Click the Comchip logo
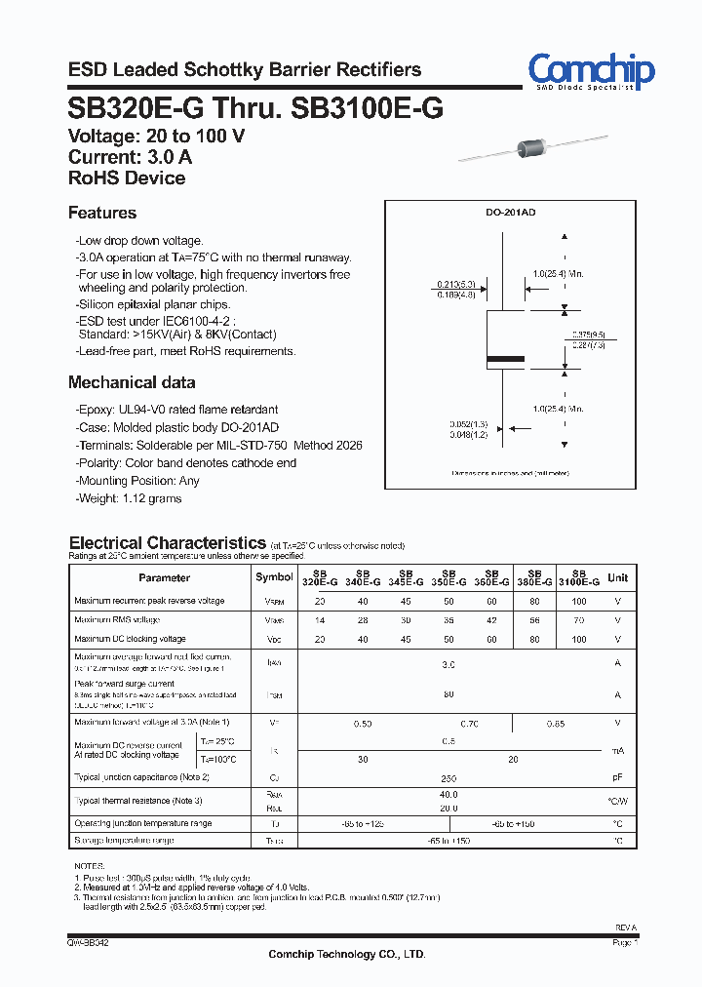click(x=591, y=71)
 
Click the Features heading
click(x=102, y=213)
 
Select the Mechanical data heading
click(x=132, y=382)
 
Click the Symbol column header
click(x=274, y=577)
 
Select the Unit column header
click(x=617, y=577)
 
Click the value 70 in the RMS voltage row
click(x=578, y=620)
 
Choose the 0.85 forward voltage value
click(x=556, y=723)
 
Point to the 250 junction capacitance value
click(x=448, y=777)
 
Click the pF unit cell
click(x=617, y=777)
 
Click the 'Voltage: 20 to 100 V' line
click(x=156, y=136)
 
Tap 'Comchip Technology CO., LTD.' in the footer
click(x=347, y=954)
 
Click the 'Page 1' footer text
click(x=625, y=943)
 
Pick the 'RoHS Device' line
click(x=127, y=178)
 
